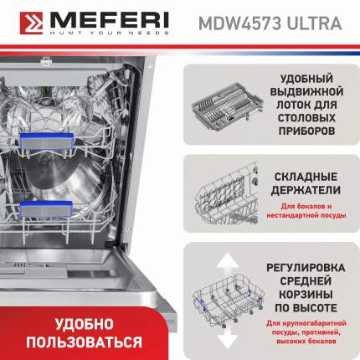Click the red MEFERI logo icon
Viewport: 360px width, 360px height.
31,23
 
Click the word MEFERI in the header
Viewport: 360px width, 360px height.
110,20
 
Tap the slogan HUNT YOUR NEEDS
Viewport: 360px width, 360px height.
110,33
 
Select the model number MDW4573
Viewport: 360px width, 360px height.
239,23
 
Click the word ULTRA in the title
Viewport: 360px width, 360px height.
314,23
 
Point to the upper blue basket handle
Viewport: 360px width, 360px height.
47,141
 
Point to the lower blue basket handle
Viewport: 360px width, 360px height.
46,209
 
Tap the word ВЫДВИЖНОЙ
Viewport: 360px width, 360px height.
306,92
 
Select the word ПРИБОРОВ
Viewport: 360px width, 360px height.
306,131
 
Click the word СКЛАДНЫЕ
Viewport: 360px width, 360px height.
306,177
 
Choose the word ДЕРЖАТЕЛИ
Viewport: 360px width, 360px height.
306,190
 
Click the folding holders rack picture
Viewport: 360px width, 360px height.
227,193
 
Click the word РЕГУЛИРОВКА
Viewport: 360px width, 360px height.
306,268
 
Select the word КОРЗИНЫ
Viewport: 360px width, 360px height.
306,295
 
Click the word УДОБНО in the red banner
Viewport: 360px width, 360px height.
84,324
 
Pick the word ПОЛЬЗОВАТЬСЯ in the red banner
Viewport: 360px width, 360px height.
84,342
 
